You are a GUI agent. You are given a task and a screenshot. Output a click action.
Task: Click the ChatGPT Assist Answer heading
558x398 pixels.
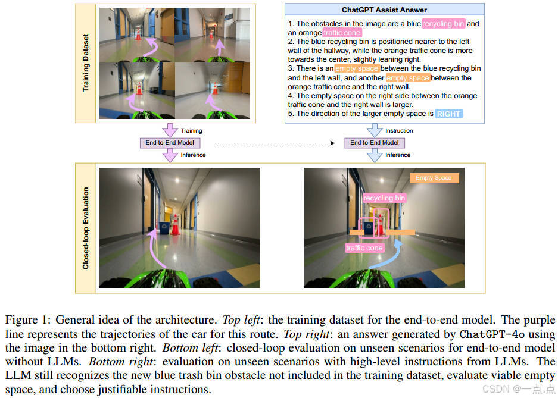click(x=384, y=10)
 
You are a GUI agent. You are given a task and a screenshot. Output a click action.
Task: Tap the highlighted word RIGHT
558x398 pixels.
click(x=448, y=114)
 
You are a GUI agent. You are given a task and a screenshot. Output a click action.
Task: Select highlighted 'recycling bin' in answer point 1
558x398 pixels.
click(x=443, y=24)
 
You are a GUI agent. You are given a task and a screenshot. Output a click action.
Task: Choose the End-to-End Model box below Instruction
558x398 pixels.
click(x=374, y=143)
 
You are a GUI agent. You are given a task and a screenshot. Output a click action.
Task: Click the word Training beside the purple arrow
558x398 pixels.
click(x=191, y=131)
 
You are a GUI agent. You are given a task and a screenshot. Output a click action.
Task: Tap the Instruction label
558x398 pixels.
click(x=399, y=131)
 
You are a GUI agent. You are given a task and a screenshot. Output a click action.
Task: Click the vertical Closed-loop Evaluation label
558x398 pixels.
click(x=85, y=228)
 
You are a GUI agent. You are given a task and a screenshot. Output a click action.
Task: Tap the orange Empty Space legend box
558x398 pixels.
click(x=434, y=178)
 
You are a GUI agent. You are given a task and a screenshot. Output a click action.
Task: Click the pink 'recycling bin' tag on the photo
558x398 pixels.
click(x=384, y=198)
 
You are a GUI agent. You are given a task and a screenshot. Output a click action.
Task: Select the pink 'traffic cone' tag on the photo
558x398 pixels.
click(x=364, y=247)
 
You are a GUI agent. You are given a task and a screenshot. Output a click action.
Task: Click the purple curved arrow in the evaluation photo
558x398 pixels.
click(x=156, y=247)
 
